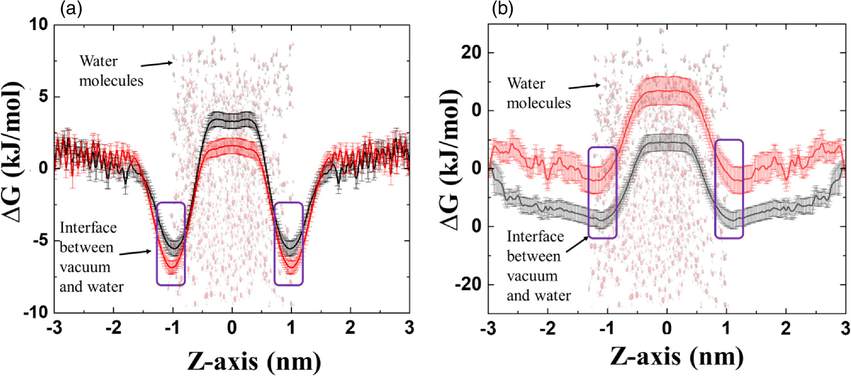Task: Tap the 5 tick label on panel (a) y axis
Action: pos(44,97)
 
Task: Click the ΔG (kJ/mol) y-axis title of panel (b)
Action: pos(442,169)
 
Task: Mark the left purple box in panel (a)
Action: pos(170,244)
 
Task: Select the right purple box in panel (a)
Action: pos(289,244)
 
